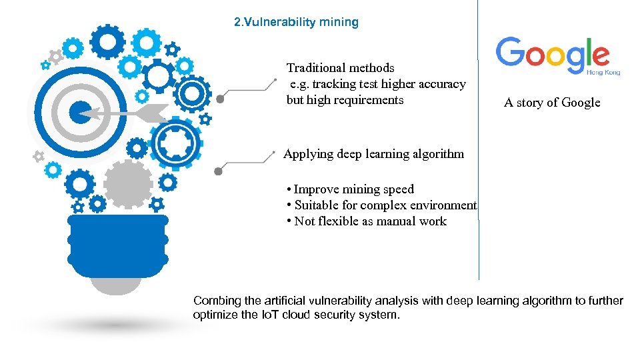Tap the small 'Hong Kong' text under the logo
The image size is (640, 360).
click(x=603, y=72)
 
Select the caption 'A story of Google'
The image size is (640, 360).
click(x=552, y=103)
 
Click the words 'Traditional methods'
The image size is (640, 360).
click(x=340, y=68)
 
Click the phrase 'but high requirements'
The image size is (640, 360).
click(x=345, y=100)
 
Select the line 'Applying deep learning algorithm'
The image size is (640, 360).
click(x=373, y=154)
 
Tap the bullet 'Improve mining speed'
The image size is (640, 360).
click(x=353, y=189)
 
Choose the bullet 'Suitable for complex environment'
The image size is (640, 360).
click(x=385, y=205)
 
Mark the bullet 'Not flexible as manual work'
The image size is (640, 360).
click(x=370, y=221)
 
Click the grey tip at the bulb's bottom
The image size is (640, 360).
click(x=116, y=283)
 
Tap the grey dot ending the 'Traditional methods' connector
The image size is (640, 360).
click(x=220, y=99)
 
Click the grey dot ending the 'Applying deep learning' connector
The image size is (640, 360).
click(x=218, y=171)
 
